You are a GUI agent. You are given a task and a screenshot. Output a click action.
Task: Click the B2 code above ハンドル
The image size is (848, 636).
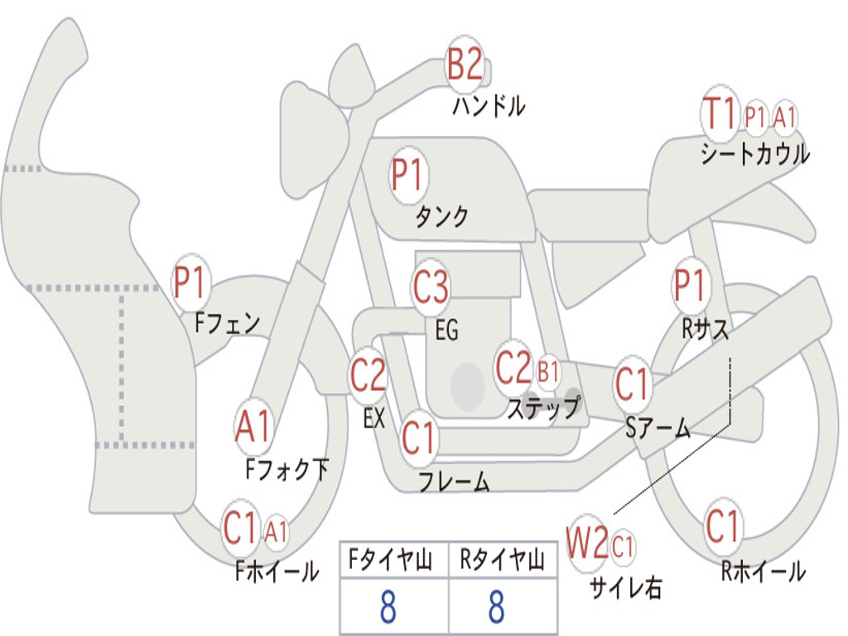[465, 65]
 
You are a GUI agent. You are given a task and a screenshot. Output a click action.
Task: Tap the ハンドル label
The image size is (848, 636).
[489, 106]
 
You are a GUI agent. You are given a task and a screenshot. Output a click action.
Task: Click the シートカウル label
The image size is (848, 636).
[754, 154]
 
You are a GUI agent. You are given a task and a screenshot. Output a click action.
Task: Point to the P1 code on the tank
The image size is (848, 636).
[407, 176]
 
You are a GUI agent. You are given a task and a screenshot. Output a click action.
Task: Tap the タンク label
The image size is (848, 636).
[441, 217]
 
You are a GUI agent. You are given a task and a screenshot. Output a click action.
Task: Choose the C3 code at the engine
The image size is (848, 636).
[431, 287]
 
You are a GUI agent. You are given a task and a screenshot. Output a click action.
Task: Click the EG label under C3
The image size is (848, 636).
[446, 330]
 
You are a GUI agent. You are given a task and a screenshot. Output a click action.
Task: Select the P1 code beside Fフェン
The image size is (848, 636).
[190, 283]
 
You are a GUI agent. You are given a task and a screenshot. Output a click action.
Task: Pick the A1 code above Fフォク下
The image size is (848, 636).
[253, 427]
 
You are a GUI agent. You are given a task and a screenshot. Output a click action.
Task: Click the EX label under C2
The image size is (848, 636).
[374, 419]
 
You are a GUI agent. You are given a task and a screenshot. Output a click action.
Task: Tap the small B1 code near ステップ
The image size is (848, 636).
[548, 372]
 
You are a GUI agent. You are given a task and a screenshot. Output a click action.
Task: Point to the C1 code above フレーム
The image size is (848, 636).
[419, 437]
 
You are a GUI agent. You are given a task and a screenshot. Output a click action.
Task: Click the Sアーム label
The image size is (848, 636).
[658, 427]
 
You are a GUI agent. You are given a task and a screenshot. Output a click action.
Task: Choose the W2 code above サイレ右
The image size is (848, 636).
[587, 545]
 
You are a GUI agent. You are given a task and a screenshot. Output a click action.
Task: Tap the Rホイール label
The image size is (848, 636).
[763, 571]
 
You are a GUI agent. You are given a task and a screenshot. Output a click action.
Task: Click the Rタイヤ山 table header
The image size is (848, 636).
[502, 562]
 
